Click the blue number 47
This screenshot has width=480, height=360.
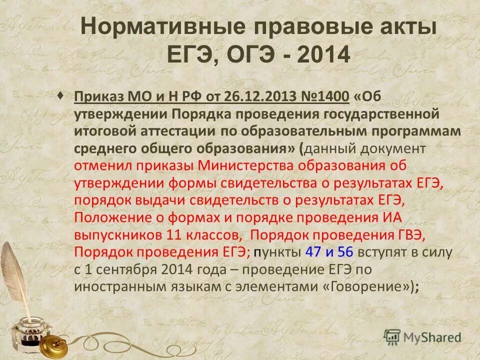[313, 252]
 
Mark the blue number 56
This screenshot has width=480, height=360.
[345, 252]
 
